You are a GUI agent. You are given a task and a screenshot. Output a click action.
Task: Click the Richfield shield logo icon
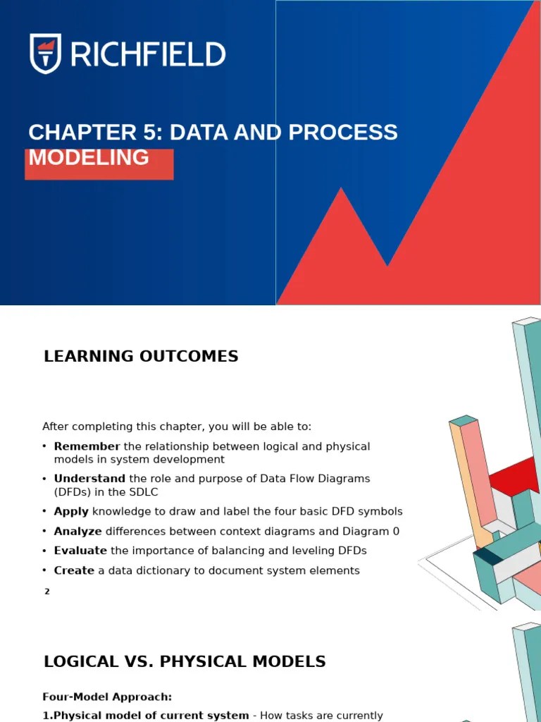[45, 54]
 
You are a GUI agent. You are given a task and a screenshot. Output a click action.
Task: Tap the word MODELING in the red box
[89, 158]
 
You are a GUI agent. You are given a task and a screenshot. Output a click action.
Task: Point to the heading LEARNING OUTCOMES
[141, 356]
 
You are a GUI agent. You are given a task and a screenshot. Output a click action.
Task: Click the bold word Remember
[87, 446]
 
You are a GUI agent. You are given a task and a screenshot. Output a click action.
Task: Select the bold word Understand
[89, 479]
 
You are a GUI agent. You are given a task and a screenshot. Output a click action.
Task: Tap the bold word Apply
[71, 511]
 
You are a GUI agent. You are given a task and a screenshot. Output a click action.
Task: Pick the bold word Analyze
[77, 531]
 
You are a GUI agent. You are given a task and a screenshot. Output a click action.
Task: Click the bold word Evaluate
[80, 551]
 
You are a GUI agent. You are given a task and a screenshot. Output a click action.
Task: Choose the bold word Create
[74, 570]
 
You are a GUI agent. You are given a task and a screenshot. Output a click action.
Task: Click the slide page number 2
[47, 592]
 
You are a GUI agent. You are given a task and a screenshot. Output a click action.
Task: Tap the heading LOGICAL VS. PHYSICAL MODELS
[185, 661]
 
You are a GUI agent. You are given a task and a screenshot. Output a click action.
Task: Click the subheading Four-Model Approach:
[107, 697]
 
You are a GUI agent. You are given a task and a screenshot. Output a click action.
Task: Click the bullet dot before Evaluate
[44, 551]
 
